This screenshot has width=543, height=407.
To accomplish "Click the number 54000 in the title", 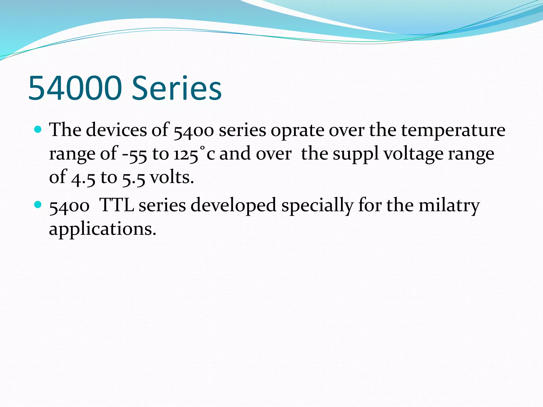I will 75,88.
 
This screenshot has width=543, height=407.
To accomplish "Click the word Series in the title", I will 177,88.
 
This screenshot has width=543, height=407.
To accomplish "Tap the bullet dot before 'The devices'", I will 38,130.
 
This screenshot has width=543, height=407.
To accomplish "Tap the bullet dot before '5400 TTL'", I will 38,205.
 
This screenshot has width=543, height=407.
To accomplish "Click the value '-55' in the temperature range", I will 134,154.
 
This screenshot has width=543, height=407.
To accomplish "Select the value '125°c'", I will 194,154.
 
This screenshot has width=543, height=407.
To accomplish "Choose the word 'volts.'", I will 172,177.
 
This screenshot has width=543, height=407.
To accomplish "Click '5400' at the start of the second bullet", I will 69,206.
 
